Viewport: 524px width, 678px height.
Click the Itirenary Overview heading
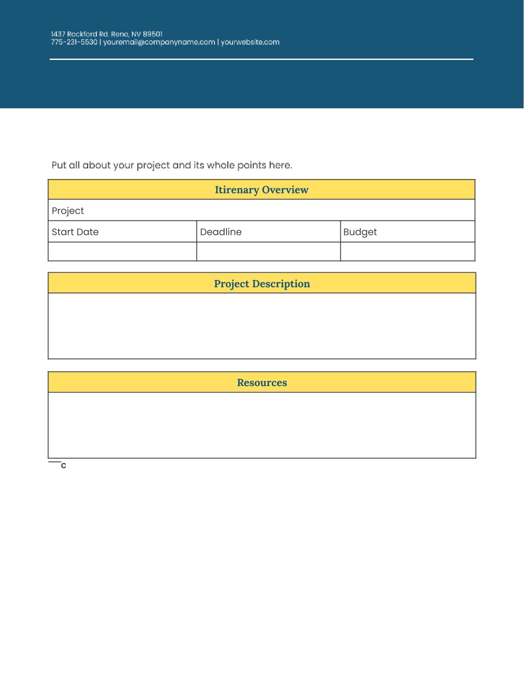click(261, 190)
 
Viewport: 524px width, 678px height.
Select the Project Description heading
click(262, 284)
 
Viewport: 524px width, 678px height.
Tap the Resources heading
click(262, 383)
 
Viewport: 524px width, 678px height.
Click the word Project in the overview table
click(68, 211)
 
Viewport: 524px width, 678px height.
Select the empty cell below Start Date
click(122, 252)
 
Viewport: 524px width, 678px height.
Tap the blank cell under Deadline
click(268, 252)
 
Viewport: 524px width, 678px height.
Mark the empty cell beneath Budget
click(408, 252)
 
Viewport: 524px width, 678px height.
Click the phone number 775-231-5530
click(74, 42)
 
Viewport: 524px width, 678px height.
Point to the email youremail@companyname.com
click(159, 42)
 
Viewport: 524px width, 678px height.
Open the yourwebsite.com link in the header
click(250, 42)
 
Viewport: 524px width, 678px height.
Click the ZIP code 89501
click(153, 34)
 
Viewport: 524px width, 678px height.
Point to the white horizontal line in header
click(261, 59)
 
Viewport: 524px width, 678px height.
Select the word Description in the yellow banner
click(281, 284)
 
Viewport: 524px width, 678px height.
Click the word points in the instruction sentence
click(252, 165)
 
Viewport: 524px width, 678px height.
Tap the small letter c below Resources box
click(64, 466)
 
